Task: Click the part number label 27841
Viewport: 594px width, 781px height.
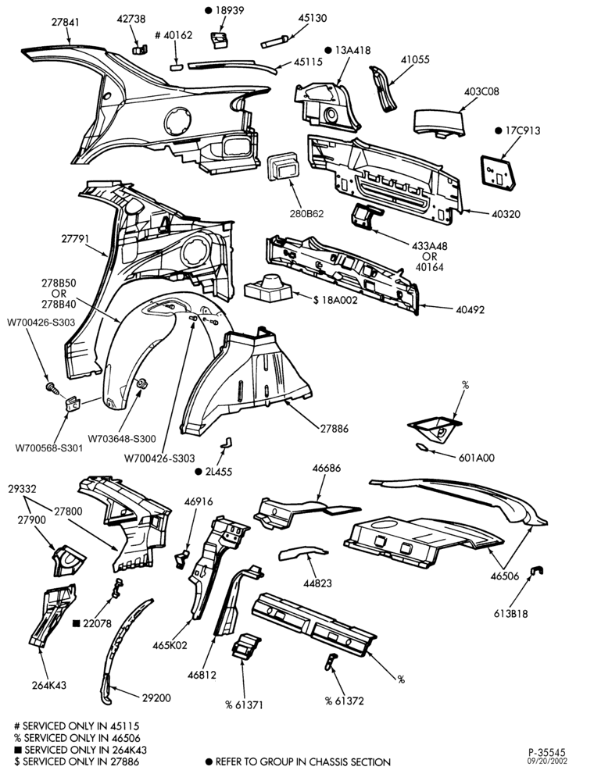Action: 66,23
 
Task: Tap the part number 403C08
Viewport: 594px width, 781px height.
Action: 481,91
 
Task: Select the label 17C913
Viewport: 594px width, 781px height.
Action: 522,130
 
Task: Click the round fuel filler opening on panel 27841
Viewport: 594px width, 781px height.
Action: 177,121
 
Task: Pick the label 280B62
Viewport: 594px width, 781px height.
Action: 306,214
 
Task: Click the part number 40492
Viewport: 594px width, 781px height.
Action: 470,309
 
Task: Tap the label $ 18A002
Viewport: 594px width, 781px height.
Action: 335,301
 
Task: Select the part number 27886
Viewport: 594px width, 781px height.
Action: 334,428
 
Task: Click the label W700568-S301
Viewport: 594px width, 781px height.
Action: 48,448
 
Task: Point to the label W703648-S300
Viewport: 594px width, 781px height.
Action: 122,439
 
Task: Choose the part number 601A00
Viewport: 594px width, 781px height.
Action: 477,457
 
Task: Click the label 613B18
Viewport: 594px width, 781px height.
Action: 511,614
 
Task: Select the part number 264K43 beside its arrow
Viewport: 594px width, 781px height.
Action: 48,685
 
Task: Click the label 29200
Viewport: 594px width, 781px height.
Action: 156,697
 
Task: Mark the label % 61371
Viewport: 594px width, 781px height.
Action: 244,704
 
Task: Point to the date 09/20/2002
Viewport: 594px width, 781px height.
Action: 548,761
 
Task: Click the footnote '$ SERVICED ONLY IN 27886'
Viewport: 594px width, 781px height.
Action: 77,761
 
